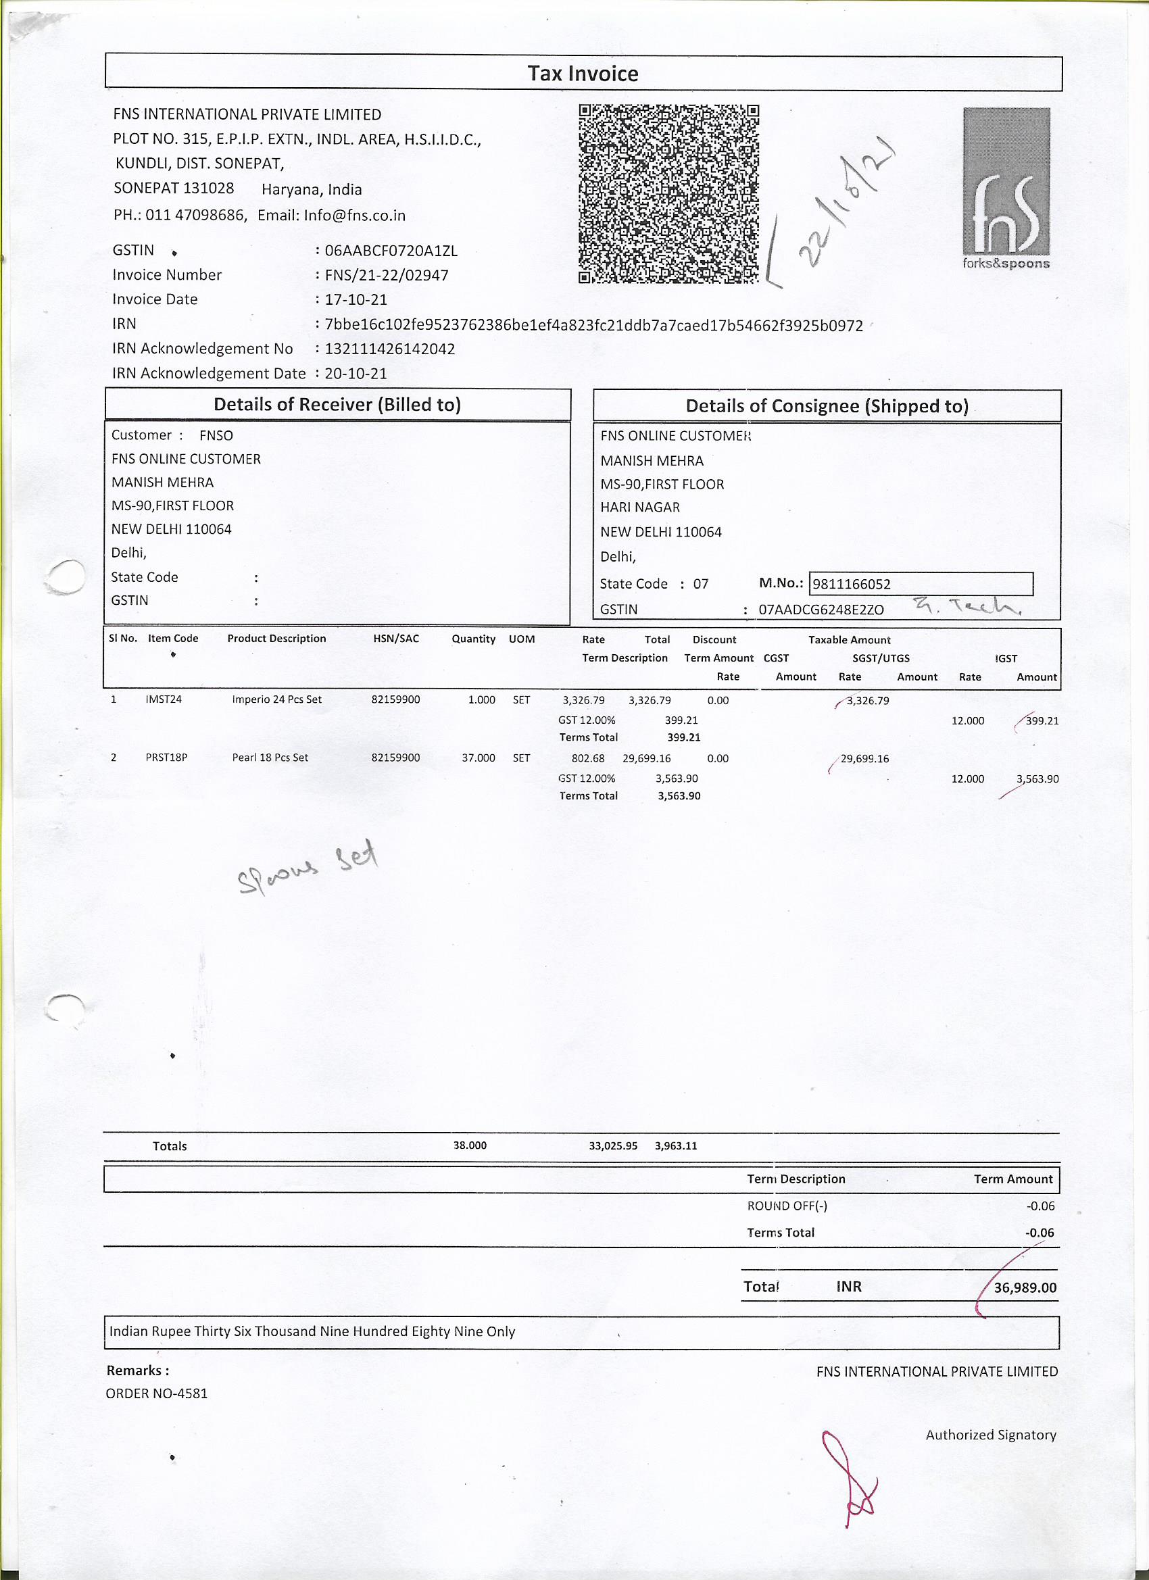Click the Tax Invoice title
click(583, 74)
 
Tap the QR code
click(668, 194)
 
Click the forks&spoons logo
click(1006, 188)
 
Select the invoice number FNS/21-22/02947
click(386, 275)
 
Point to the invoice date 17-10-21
click(356, 299)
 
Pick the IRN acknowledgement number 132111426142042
click(389, 348)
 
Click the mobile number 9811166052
click(852, 584)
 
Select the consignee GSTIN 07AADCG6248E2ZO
click(821, 610)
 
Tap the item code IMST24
click(163, 699)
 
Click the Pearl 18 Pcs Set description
click(270, 758)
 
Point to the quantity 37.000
click(478, 758)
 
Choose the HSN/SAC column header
click(396, 638)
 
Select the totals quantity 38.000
click(470, 1145)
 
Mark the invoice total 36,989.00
click(1024, 1287)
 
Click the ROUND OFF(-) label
click(787, 1206)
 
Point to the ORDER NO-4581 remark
click(157, 1394)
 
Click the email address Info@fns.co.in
click(354, 216)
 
